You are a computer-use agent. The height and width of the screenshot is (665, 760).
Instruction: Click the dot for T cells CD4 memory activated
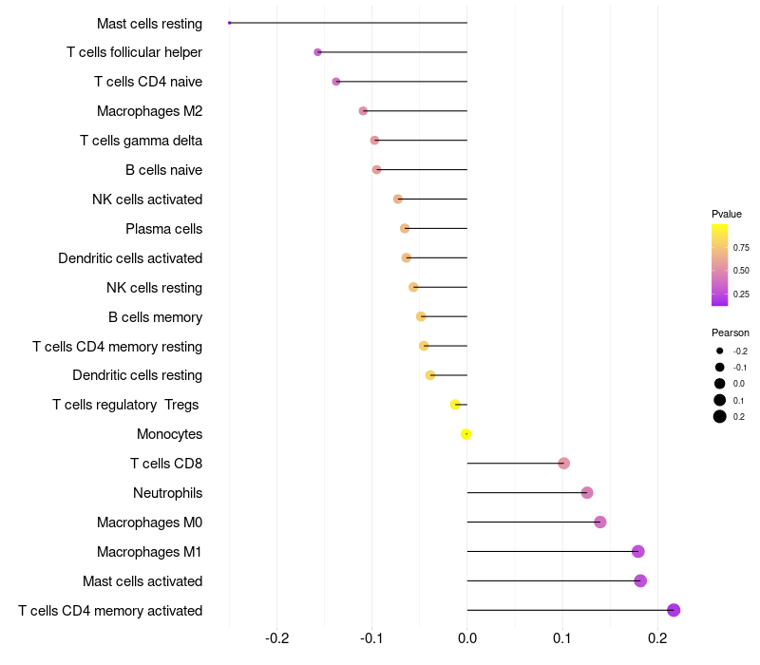674,610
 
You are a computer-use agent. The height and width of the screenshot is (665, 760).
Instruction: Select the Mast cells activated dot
640,580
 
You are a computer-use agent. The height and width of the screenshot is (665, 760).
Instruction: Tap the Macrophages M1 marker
637,551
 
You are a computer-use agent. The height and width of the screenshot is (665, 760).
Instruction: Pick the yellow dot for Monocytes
465,434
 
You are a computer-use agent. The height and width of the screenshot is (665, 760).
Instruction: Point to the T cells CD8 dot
563,464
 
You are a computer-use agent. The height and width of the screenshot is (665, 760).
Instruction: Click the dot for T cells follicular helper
317,52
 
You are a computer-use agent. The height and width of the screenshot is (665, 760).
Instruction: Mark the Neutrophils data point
587,493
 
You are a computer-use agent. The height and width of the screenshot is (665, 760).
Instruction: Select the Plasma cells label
163,229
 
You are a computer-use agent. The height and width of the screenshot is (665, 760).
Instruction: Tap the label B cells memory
155,317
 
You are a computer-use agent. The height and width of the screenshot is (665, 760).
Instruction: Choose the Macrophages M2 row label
149,111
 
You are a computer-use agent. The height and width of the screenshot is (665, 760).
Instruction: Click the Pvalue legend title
727,215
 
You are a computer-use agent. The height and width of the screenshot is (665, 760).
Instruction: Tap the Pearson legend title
731,333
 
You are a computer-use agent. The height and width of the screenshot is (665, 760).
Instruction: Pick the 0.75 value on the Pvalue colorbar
741,248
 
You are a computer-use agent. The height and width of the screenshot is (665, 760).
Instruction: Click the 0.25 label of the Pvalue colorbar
741,294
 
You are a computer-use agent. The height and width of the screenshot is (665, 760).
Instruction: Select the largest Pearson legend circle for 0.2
720,416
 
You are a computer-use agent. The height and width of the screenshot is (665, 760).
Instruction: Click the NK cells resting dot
413,287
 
